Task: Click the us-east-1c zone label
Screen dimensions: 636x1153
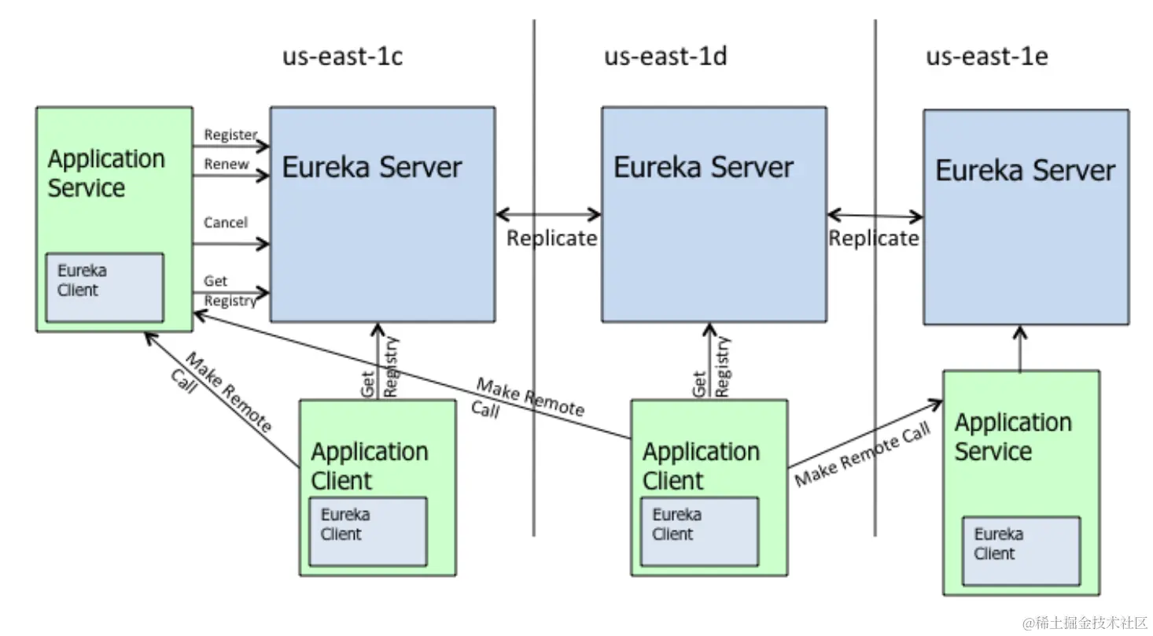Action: pos(342,57)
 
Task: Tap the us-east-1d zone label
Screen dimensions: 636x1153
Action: pos(665,57)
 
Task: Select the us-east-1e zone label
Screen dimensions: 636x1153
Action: pos(986,57)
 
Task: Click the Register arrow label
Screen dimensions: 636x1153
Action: pos(230,135)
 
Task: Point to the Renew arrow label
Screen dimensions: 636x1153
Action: pos(226,165)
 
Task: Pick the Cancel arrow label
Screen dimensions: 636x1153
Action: pos(226,223)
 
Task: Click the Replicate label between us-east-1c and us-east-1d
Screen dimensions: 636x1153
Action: pos(551,238)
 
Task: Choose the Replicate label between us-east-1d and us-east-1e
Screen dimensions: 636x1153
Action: pos(873,238)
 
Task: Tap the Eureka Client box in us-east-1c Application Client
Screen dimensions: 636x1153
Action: pos(367,531)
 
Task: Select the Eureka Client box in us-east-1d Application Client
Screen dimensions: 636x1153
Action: pos(698,531)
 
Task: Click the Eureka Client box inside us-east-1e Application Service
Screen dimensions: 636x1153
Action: pos(1020,550)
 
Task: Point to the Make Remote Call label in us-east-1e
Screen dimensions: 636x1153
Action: pos(862,454)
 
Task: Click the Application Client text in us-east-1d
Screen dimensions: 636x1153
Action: pos(700,465)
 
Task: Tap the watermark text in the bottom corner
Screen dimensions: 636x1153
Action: pos(1085,623)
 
